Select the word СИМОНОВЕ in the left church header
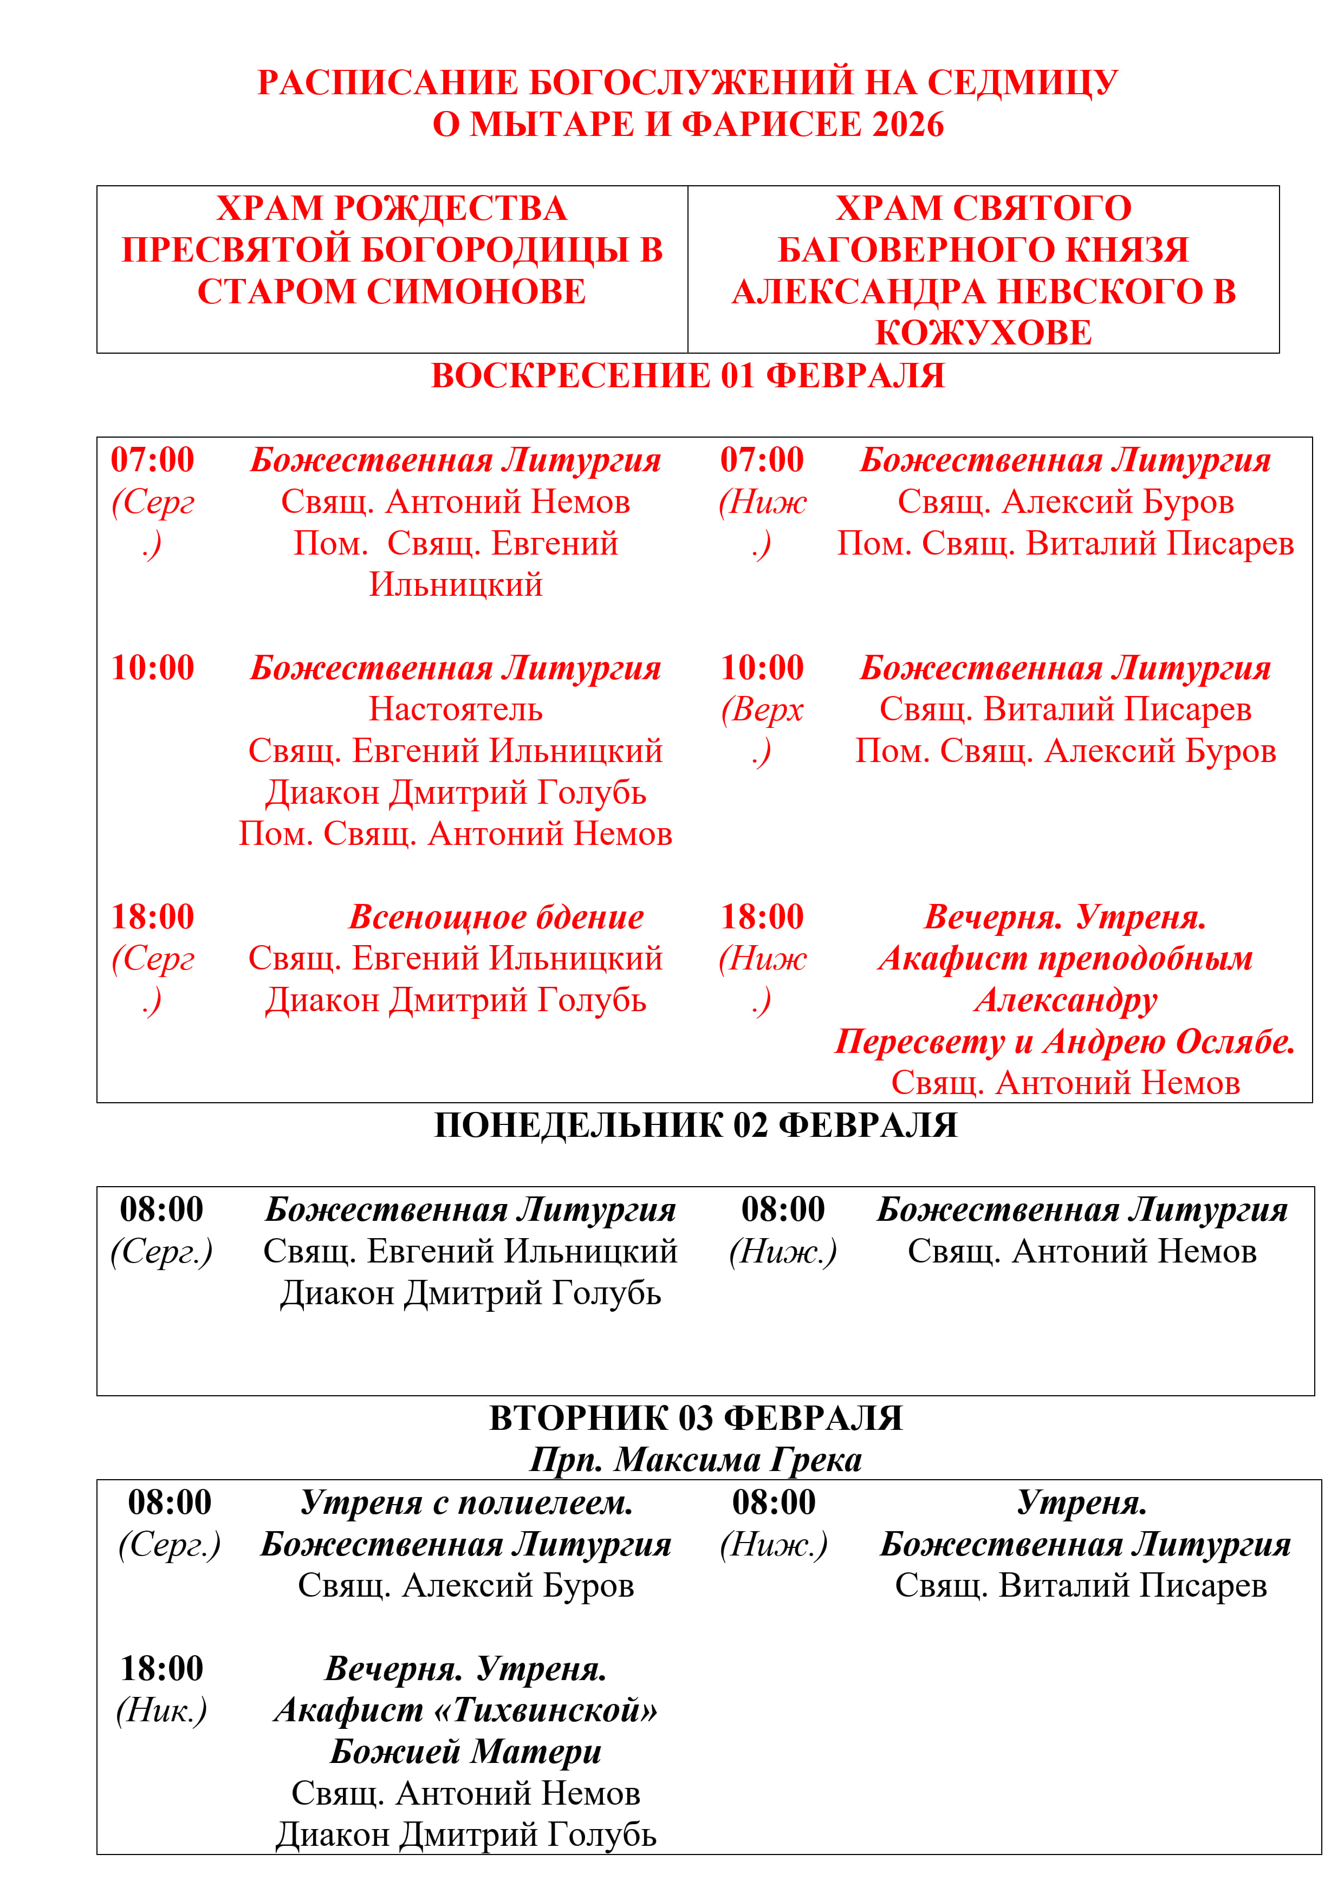pyautogui.click(x=476, y=291)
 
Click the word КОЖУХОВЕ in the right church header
pyautogui.click(x=983, y=333)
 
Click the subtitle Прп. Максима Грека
pyautogui.click(x=695, y=1460)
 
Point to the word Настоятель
pyautogui.click(x=455, y=709)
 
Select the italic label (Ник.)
pyautogui.click(x=161, y=1710)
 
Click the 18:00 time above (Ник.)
pyautogui.click(x=161, y=1668)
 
